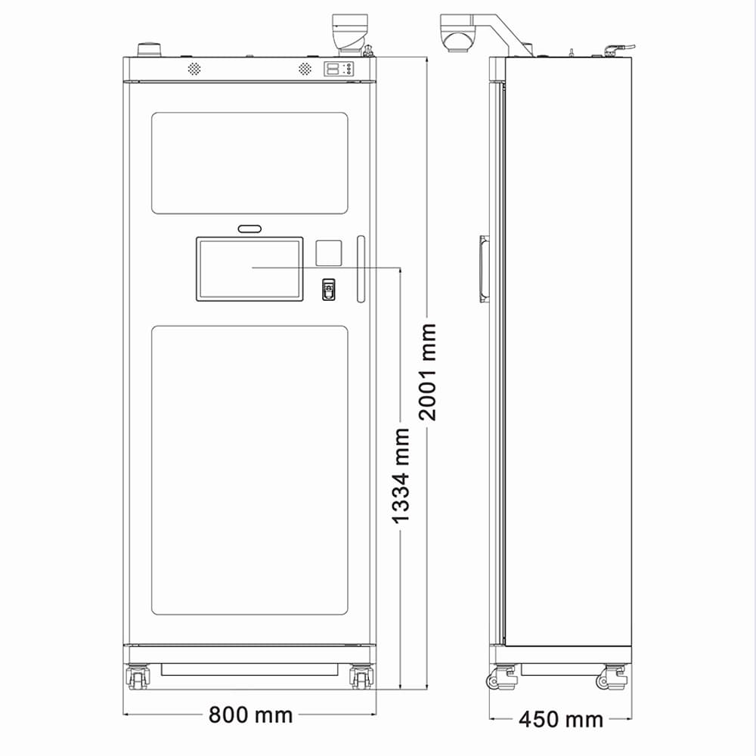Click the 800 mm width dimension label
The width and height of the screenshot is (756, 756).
click(x=250, y=714)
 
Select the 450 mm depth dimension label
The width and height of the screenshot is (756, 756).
click(x=561, y=720)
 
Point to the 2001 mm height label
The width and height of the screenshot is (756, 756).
click(x=427, y=372)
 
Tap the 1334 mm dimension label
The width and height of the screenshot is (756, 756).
click(x=400, y=476)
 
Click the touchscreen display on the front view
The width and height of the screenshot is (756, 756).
click(x=249, y=269)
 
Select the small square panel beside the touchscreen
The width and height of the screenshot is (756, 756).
click(x=329, y=253)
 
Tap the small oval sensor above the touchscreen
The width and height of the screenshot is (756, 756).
click(x=249, y=228)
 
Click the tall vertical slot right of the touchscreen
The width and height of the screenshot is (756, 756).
click(x=361, y=269)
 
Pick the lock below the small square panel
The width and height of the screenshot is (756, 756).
click(x=329, y=290)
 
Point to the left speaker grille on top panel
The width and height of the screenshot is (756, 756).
click(x=194, y=69)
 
